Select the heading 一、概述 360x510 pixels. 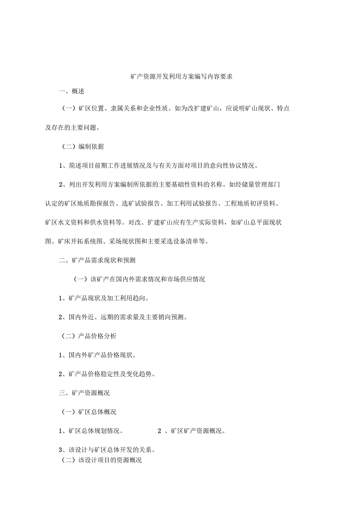click(x=72, y=92)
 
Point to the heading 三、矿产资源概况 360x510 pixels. click(x=84, y=393)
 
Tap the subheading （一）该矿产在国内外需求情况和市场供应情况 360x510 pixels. click(x=139, y=279)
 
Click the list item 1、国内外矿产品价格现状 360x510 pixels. click(x=97, y=355)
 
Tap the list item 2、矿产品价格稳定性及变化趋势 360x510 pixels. click(x=107, y=374)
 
